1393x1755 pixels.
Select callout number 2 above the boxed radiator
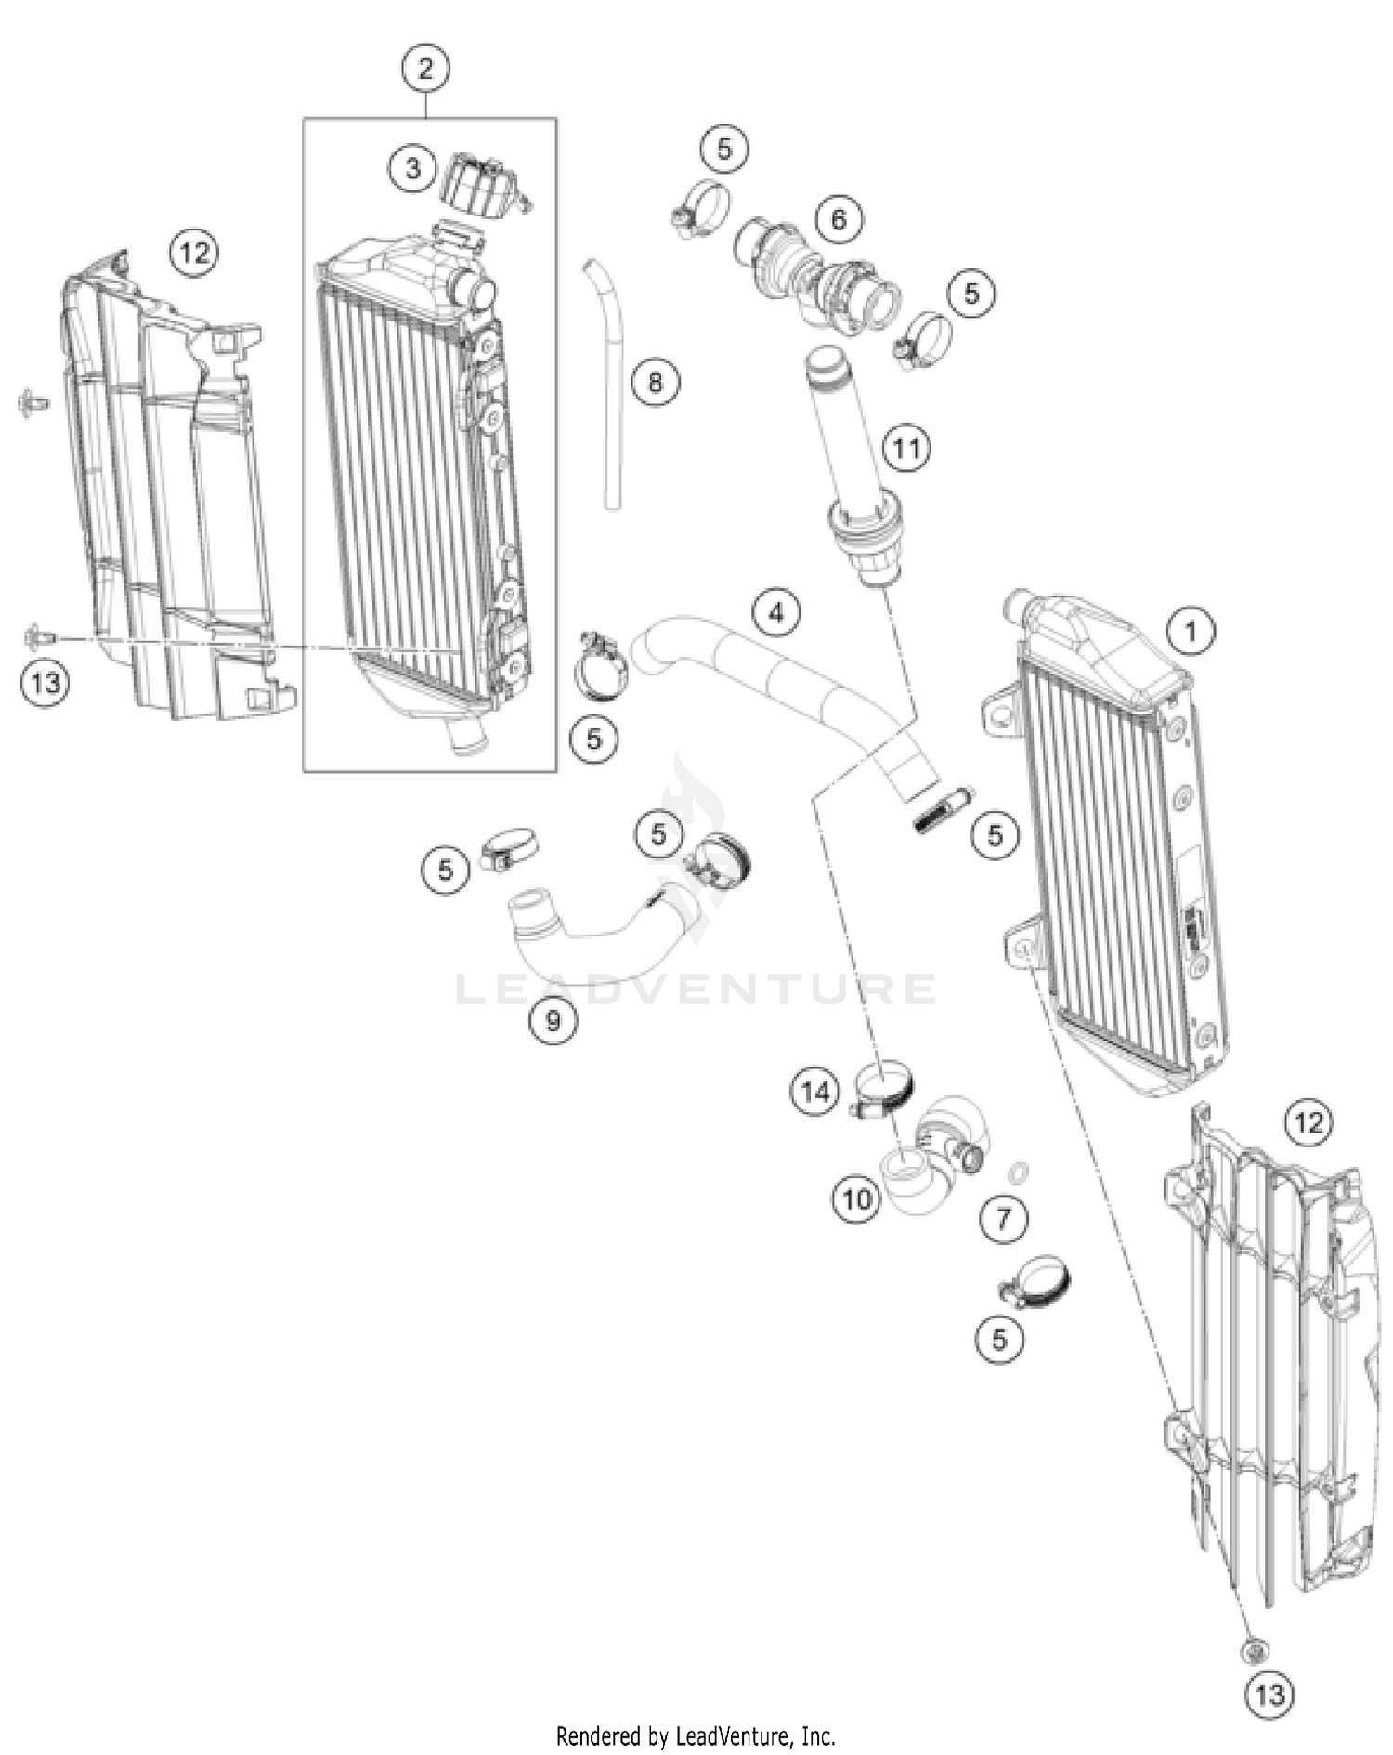pos(425,68)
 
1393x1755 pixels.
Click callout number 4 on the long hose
pos(775,612)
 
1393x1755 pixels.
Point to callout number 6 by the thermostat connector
pos(839,219)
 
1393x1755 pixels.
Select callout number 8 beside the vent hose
pos(656,382)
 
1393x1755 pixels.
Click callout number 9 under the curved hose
pos(553,1021)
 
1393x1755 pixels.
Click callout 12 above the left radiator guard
pos(194,252)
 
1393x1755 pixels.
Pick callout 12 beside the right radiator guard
pos(1308,1123)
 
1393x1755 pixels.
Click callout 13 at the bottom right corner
pos(1269,1695)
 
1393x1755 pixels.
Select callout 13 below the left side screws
pos(45,683)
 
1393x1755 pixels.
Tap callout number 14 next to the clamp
pos(814,1091)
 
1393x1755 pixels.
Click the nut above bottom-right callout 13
pos(1254,1650)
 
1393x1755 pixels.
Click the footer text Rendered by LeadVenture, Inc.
pos(696,1735)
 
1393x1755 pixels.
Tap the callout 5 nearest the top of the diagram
pos(724,149)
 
